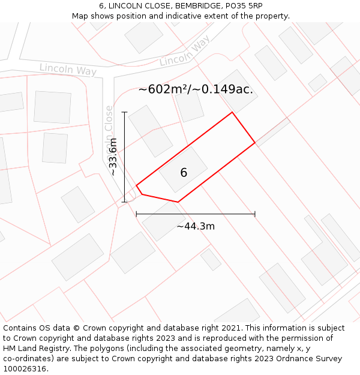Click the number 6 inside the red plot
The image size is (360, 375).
pyautogui.click(x=184, y=173)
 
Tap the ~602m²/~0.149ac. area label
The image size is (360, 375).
pyautogui.click(x=196, y=89)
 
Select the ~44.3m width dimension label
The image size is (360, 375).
pyautogui.click(x=196, y=226)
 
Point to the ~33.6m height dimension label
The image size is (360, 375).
pyautogui.click(x=113, y=157)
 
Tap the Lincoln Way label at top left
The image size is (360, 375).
pyautogui.click(x=68, y=70)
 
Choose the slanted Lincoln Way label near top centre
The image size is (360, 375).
pyautogui.click(x=185, y=52)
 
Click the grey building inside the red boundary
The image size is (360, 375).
pyautogui.click(x=183, y=170)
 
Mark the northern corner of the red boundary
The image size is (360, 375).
pyautogui.click(x=232, y=112)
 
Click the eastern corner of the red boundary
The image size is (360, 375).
pyautogui.click(x=255, y=143)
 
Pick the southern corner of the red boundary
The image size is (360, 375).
pyautogui.click(x=178, y=202)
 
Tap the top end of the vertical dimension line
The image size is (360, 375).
pyautogui.click(x=125, y=112)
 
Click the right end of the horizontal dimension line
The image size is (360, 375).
pyautogui.click(x=255, y=214)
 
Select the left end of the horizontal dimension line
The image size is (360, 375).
pyautogui.click(x=137, y=214)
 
